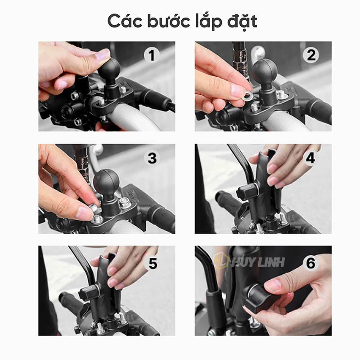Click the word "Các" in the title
(x=126, y=21)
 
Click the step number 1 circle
(x=151, y=55)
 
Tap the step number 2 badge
(x=310, y=55)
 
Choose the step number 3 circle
(x=152, y=158)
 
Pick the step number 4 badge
(x=310, y=158)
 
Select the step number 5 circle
(x=152, y=263)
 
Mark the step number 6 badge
(x=310, y=263)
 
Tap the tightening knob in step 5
(x=89, y=293)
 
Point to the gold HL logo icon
(x=221, y=261)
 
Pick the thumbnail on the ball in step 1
(x=102, y=55)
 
